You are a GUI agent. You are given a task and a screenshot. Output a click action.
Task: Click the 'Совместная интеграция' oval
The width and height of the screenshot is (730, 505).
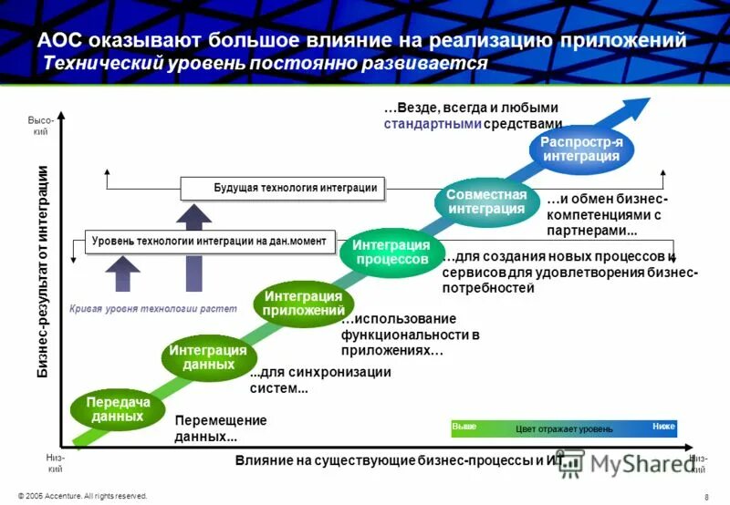coord(486,201)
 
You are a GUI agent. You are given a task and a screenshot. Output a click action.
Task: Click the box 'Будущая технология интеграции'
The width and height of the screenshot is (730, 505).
coord(283,188)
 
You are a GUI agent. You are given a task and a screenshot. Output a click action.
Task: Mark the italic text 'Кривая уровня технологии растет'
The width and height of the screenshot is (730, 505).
coord(152,309)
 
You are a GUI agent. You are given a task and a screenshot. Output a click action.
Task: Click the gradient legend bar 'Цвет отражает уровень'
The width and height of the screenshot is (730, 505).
coord(564,428)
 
